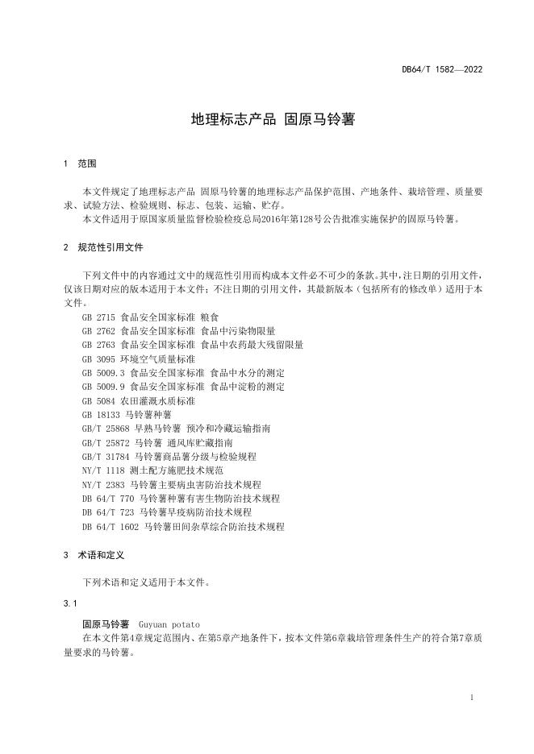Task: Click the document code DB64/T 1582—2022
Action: (x=442, y=69)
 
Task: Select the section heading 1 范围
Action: (x=80, y=164)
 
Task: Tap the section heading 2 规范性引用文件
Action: (x=104, y=247)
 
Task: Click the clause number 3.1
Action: (x=69, y=603)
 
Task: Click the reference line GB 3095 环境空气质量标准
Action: (x=138, y=359)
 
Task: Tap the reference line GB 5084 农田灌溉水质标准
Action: (x=138, y=400)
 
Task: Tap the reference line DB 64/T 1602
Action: (x=183, y=526)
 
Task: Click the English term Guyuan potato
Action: (x=169, y=624)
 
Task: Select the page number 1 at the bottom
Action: (x=470, y=698)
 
